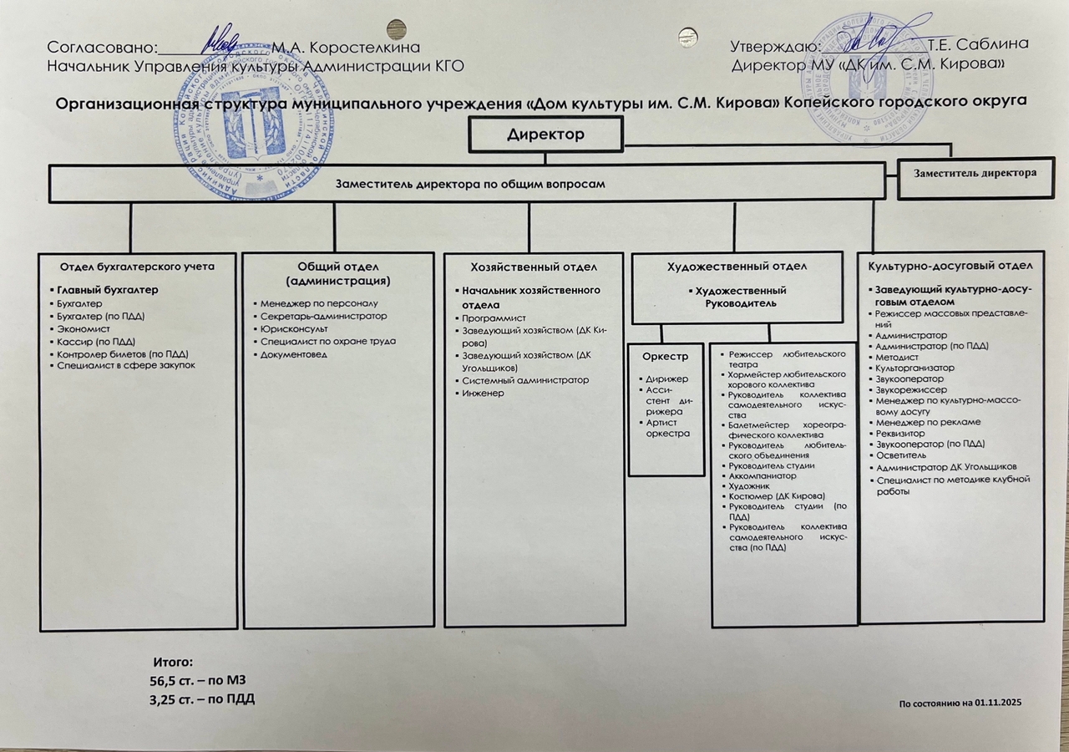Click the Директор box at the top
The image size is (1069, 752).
pos(545,135)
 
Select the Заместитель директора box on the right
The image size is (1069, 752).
pos(975,174)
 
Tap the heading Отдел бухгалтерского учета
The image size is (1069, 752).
pos(137,267)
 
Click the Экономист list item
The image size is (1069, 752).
pos(77,329)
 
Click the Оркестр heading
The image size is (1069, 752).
pos(665,357)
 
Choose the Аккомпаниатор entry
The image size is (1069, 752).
pos(762,475)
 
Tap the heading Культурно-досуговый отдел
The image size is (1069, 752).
pos(950,265)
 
